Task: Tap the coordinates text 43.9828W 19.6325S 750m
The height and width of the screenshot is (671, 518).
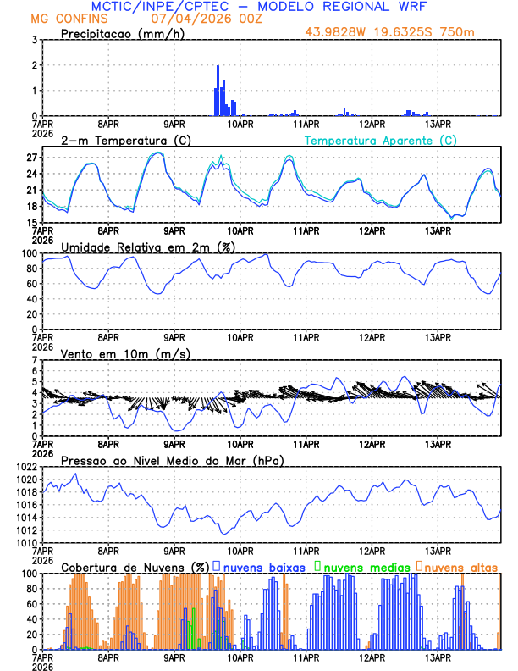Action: [x=402, y=32]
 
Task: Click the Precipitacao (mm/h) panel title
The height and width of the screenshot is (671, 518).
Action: [x=123, y=33]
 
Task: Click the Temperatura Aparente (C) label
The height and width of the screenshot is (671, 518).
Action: [x=380, y=140]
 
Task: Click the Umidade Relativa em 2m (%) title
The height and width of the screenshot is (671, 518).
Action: [x=148, y=247]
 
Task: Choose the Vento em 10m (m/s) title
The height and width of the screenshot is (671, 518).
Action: [x=126, y=353]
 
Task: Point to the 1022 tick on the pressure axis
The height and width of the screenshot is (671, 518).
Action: [x=26, y=467]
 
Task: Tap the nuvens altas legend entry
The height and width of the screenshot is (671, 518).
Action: [x=460, y=567]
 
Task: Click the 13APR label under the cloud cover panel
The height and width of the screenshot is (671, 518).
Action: [x=437, y=657]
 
